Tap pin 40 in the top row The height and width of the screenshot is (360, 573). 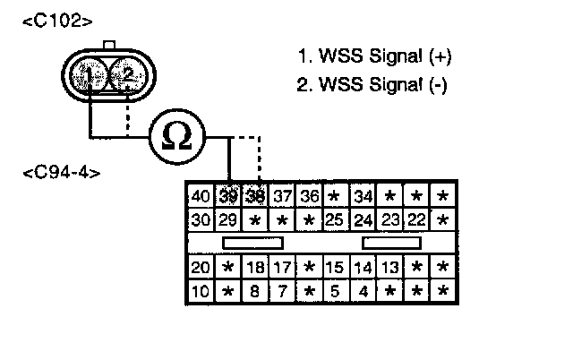coord(201,196)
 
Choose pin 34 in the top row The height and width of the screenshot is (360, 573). coord(363,196)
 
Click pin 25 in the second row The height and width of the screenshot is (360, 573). coord(335,219)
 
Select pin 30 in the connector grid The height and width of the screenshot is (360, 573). coord(201,219)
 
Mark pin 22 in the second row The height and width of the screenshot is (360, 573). coord(415,219)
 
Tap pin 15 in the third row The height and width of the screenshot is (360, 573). coord(335,268)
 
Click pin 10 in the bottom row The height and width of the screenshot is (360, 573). coord(201,291)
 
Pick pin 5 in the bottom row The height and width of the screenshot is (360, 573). coord(335,291)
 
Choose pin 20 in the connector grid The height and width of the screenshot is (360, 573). coord(201,268)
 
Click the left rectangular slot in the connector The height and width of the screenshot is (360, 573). coord(253,243)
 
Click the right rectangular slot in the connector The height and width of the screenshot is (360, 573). coord(390,243)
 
